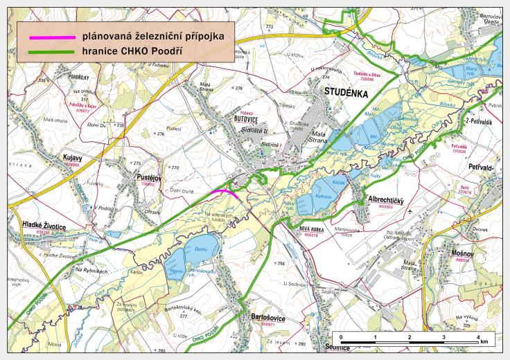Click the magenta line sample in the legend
[x=49, y=35]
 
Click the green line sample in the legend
[x=49, y=52]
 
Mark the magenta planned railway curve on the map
[x=228, y=192]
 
